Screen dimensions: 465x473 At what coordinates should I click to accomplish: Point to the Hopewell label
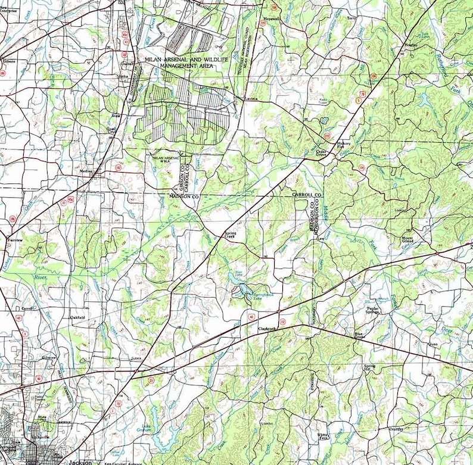(272, 18)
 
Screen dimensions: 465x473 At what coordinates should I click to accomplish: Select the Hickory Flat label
(346, 145)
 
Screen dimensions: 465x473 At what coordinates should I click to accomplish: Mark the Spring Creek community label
(229, 235)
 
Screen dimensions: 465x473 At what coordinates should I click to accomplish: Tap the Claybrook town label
(266, 328)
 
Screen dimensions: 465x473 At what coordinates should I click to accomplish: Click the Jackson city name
(80, 461)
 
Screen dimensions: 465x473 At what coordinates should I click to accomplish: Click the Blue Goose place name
(362, 335)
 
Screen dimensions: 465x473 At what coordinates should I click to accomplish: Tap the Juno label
(433, 344)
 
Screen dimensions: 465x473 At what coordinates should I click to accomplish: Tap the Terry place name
(359, 18)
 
